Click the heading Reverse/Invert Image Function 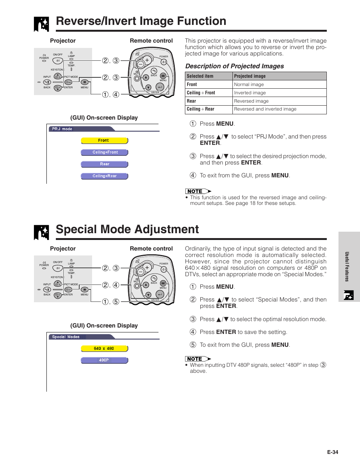[141, 21]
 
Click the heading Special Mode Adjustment [127, 229]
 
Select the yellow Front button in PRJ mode [104, 140]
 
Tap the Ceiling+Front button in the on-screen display [105, 152]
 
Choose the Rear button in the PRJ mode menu [105, 164]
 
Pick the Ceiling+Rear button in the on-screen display [105, 176]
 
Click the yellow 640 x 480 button [104, 349]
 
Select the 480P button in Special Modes [104, 360]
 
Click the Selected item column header [200, 76]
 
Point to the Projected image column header [249, 76]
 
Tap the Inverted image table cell [250, 93]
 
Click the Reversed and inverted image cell [265, 109]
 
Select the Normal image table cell [249, 85]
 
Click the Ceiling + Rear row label [200, 109]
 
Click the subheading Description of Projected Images [234, 66]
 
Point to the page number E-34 [332, 452]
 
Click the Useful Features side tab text [347, 266]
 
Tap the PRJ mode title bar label [62, 129]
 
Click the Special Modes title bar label [66, 337]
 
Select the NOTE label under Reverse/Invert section [195, 191]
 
